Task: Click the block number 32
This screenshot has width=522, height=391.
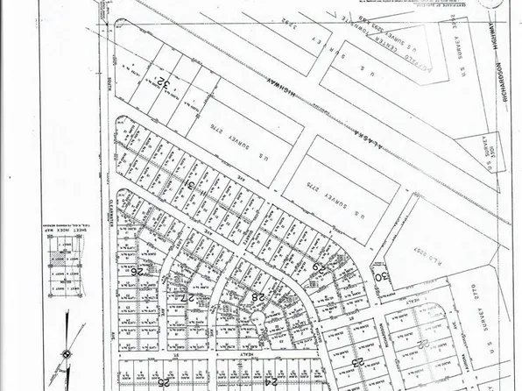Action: coord(164,84)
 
